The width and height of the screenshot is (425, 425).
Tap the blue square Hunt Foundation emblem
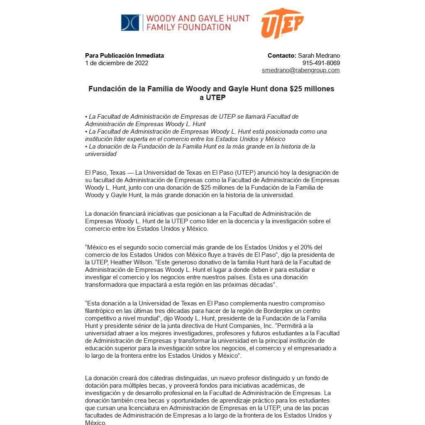tap(130, 23)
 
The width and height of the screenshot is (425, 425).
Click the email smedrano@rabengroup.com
tap(300, 70)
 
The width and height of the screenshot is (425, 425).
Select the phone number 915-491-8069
tap(327, 63)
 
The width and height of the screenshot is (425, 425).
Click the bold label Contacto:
tap(282, 56)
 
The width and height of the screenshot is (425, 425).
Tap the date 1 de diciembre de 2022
tap(117, 63)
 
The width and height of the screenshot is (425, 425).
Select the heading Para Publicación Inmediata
tap(125, 56)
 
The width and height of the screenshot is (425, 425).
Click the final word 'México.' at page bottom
tap(95, 423)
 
